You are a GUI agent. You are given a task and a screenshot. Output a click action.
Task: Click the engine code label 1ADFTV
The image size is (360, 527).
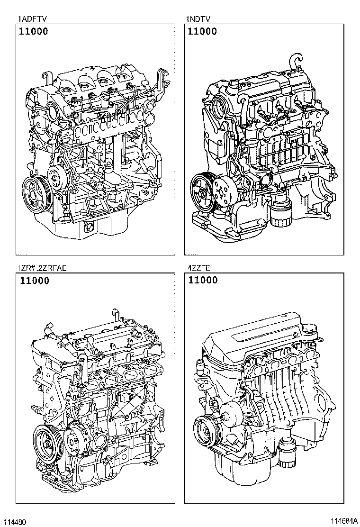click(x=32, y=19)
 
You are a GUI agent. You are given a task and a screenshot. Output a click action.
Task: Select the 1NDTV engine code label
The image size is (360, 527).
click(x=198, y=19)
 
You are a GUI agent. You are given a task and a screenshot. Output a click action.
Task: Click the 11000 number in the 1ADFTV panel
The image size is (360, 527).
click(x=34, y=32)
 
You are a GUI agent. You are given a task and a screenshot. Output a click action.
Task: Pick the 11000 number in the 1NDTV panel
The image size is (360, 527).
click(x=202, y=32)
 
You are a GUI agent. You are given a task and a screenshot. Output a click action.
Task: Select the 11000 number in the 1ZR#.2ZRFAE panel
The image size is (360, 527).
click(x=34, y=281)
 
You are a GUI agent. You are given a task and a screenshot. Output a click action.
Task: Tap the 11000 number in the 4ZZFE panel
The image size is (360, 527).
click(x=203, y=281)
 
